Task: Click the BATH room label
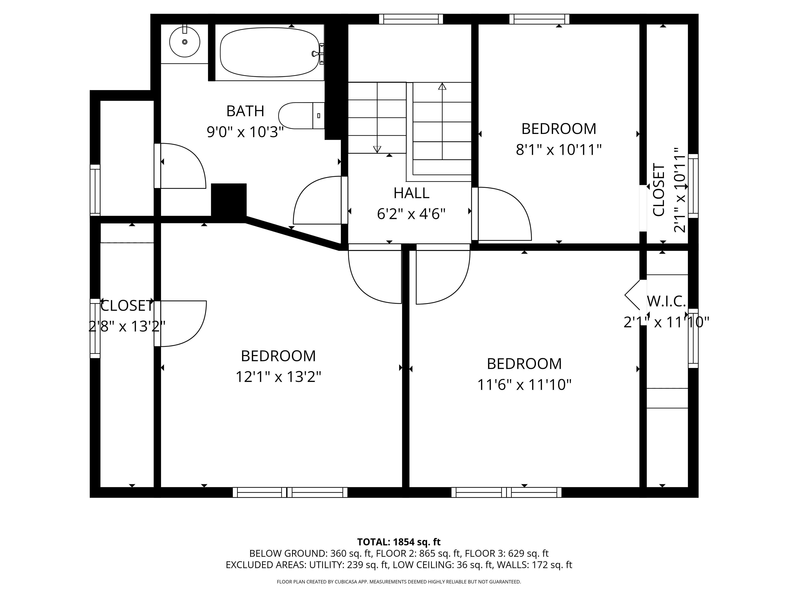245,111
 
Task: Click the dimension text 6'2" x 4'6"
411,214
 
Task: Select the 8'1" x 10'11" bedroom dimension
559,149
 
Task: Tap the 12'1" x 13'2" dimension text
278,377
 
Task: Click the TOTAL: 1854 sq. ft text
399,552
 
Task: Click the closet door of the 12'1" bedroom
180,323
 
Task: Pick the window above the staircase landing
411,19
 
